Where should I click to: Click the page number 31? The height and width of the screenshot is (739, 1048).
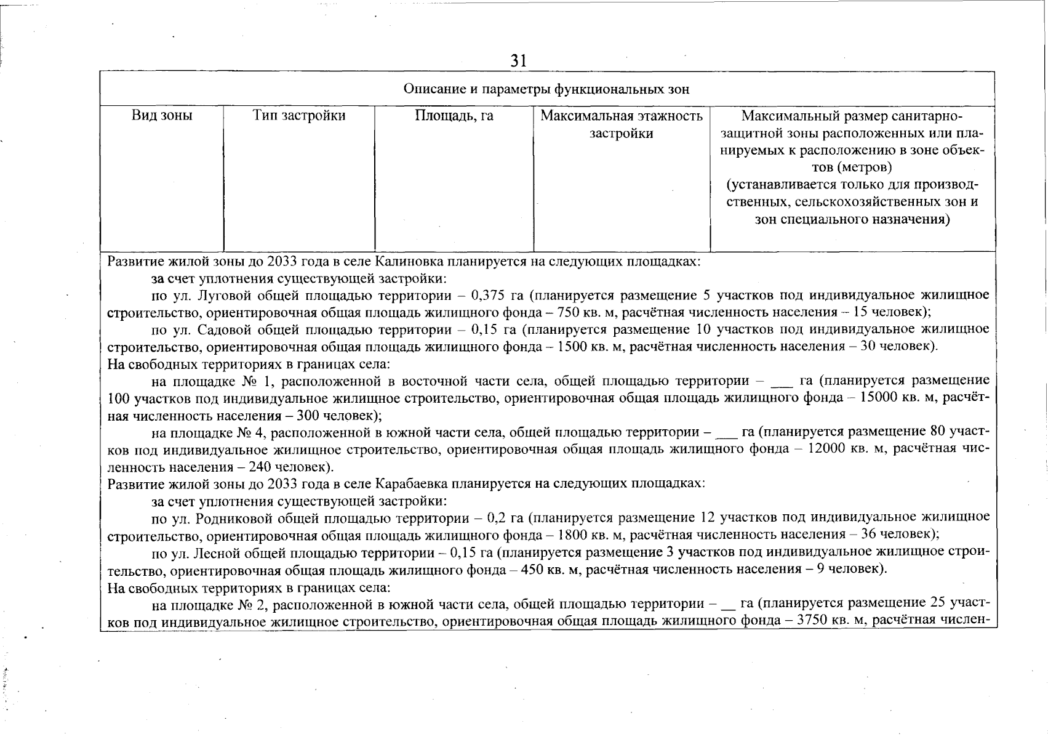(519, 60)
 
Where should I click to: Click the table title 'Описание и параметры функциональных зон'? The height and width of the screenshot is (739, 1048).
(546, 89)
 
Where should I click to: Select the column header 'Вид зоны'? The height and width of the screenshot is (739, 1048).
(162, 116)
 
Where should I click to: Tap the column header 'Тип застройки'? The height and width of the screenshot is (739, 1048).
(299, 116)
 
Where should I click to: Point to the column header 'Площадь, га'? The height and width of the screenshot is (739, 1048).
(454, 116)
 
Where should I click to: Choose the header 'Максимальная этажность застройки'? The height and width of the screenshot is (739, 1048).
(622, 124)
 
